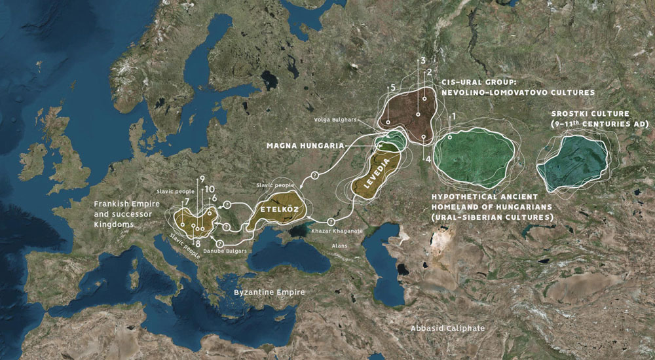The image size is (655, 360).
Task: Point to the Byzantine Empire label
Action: [269, 293]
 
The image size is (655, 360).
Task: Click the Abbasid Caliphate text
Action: [447, 327]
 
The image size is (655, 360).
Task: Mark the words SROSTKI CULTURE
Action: [590, 114]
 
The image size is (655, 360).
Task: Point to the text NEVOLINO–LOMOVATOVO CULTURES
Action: [517, 93]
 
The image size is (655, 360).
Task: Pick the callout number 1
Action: [452, 116]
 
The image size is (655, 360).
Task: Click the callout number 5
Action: [392, 87]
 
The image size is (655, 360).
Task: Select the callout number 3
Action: [424, 60]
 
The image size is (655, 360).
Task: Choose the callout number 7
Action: [187, 201]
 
